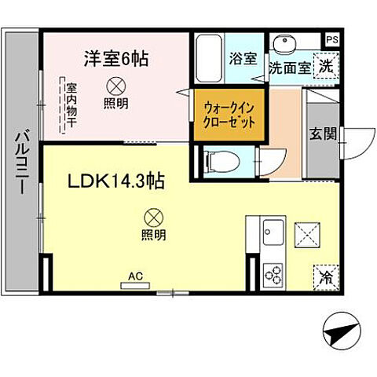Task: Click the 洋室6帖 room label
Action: (x=118, y=58)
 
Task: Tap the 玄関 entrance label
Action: (x=321, y=134)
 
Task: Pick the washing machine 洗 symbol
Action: (x=325, y=67)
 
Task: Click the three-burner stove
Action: (x=274, y=273)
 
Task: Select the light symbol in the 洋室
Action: (x=115, y=85)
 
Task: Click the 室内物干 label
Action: (x=71, y=101)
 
